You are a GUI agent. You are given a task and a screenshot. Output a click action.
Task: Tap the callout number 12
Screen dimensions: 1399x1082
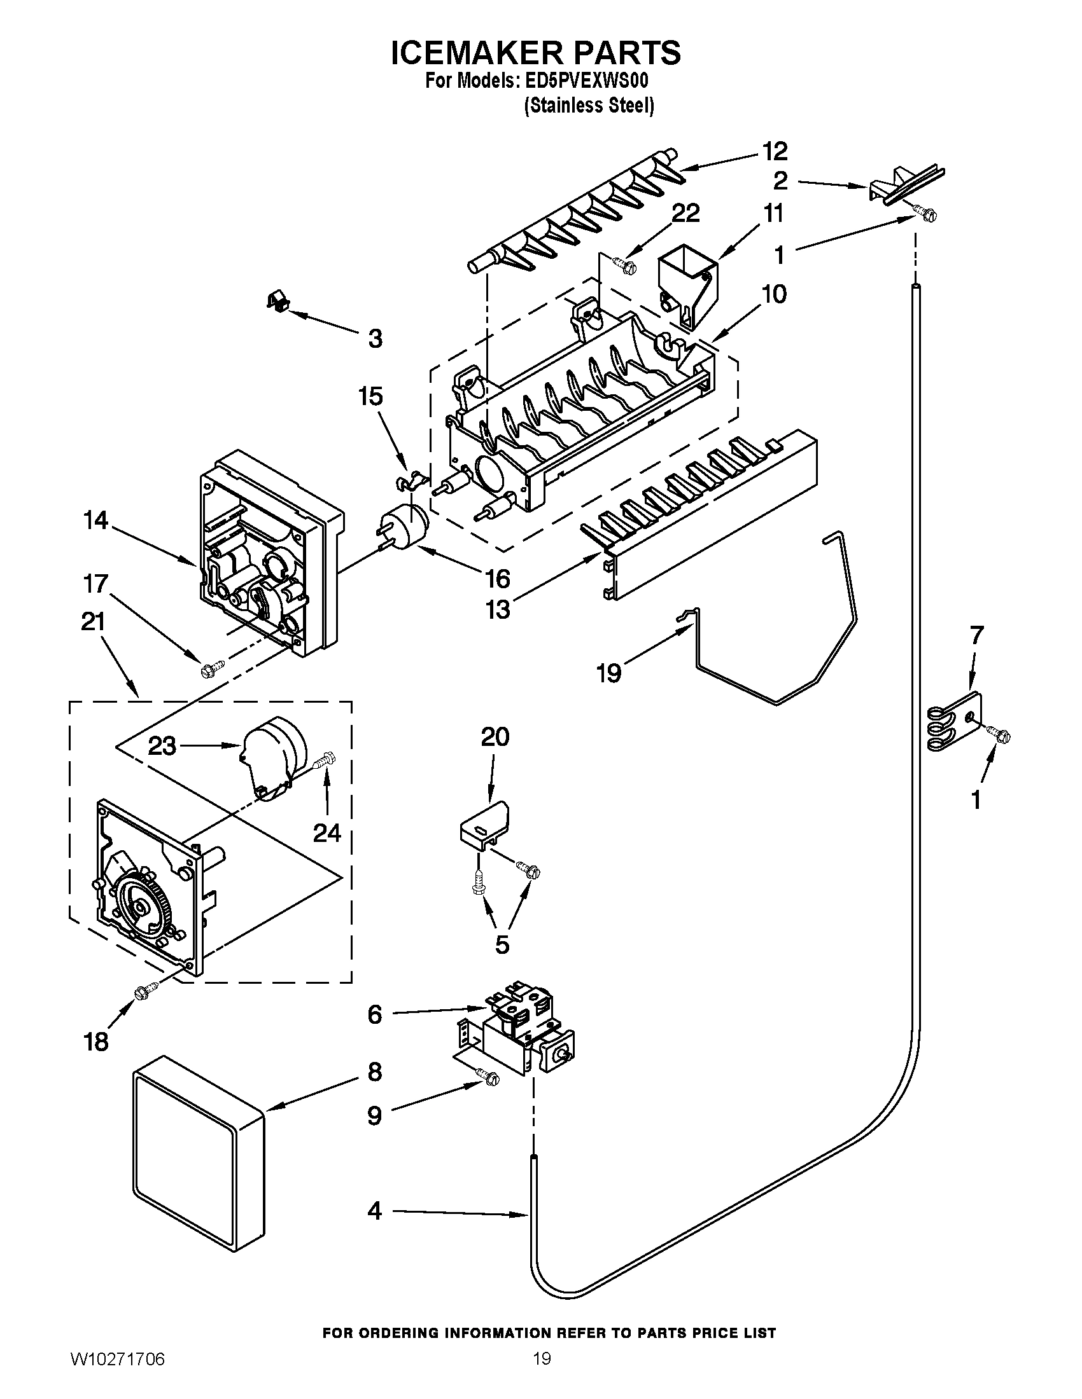pyautogui.click(x=775, y=151)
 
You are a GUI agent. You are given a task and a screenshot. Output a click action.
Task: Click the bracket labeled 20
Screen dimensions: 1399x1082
pyautogui.click(x=484, y=824)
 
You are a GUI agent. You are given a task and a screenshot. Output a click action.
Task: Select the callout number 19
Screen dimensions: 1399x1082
pyautogui.click(x=608, y=673)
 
